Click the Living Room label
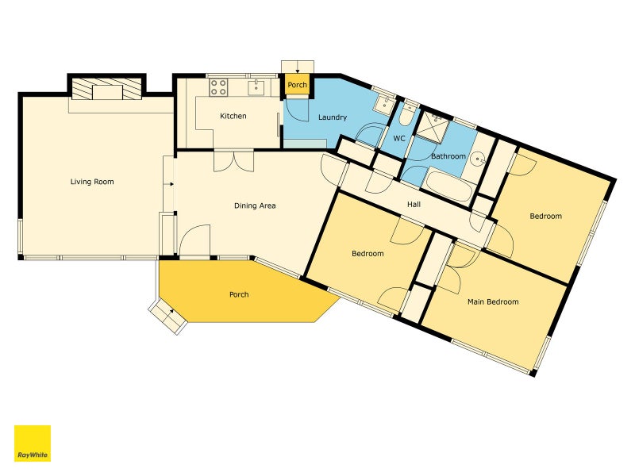92,182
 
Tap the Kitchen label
233,116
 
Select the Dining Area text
255,205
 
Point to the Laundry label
333,117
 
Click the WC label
399,138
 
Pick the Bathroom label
448,156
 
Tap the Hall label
414,205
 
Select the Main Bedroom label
493,302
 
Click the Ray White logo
33,443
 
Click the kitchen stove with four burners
218,87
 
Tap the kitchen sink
256,87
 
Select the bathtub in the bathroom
448,186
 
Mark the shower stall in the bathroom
433,126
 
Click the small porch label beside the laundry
297,85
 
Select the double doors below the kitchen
234,161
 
